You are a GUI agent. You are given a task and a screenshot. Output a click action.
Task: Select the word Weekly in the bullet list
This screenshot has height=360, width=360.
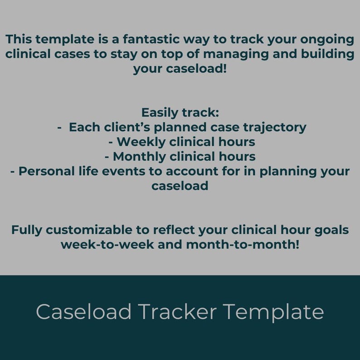click(x=143, y=142)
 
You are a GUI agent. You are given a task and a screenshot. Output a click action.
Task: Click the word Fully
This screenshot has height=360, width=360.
click(x=27, y=230)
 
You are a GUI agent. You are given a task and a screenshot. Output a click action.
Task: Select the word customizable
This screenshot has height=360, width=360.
click(x=87, y=230)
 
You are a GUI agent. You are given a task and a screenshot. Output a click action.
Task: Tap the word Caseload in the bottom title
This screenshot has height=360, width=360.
click(x=84, y=312)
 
